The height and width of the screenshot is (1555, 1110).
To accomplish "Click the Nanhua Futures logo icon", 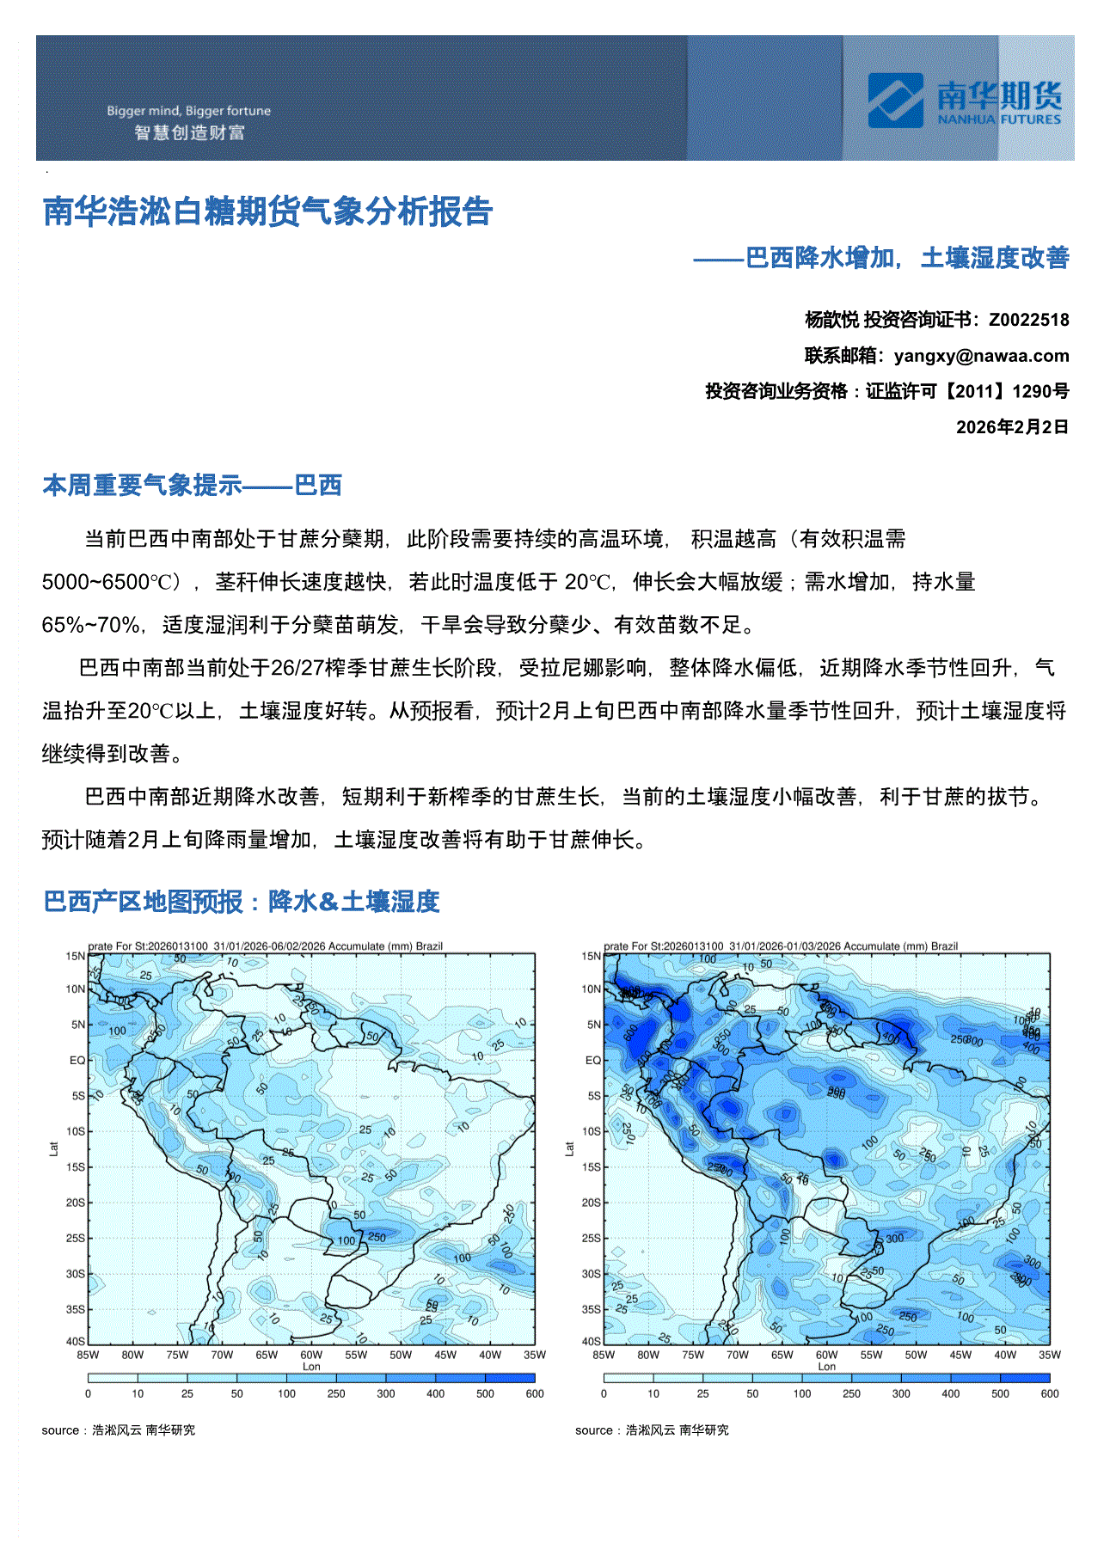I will [x=895, y=101].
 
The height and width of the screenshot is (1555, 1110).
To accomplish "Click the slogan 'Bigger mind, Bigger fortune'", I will [x=188, y=111].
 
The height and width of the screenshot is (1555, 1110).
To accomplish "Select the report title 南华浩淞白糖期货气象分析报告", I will [x=267, y=211].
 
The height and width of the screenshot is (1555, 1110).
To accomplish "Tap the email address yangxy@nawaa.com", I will [x=981, y=356].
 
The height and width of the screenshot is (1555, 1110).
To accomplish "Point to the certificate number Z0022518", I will [x=1028, y=320].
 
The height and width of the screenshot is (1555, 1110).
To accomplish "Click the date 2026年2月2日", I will [x=1012, y=427].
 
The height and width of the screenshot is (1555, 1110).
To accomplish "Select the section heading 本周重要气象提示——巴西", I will [x=192, y=486].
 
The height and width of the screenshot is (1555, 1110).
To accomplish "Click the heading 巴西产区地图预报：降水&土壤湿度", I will [x=242, y=902].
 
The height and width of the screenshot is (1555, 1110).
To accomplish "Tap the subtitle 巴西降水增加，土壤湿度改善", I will [x=906, y=258].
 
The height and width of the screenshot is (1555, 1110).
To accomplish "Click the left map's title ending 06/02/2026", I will [x=265, y=946].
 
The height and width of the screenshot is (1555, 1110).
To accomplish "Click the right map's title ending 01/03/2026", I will [x=781, y=946].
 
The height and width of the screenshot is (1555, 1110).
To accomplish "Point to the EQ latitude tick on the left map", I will [x=77, y=1061].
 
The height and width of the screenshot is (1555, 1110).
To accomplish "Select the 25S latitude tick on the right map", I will [x=591, y=1239].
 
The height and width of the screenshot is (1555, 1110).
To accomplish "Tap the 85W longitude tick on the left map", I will [x=88, y=1355].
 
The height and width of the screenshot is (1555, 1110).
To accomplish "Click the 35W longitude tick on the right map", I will [x=1050, y=1355].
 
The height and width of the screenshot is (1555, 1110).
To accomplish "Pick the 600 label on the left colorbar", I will [x=534, y=1394].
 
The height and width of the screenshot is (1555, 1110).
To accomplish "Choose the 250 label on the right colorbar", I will [x=851, y=1394].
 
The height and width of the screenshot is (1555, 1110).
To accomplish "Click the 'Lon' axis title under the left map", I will [x=311, y=1367].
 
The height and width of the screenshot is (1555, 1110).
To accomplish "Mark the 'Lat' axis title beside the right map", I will [x=569, y=1148].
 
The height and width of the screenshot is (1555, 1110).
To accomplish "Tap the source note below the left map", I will [x=119, y=1430].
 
